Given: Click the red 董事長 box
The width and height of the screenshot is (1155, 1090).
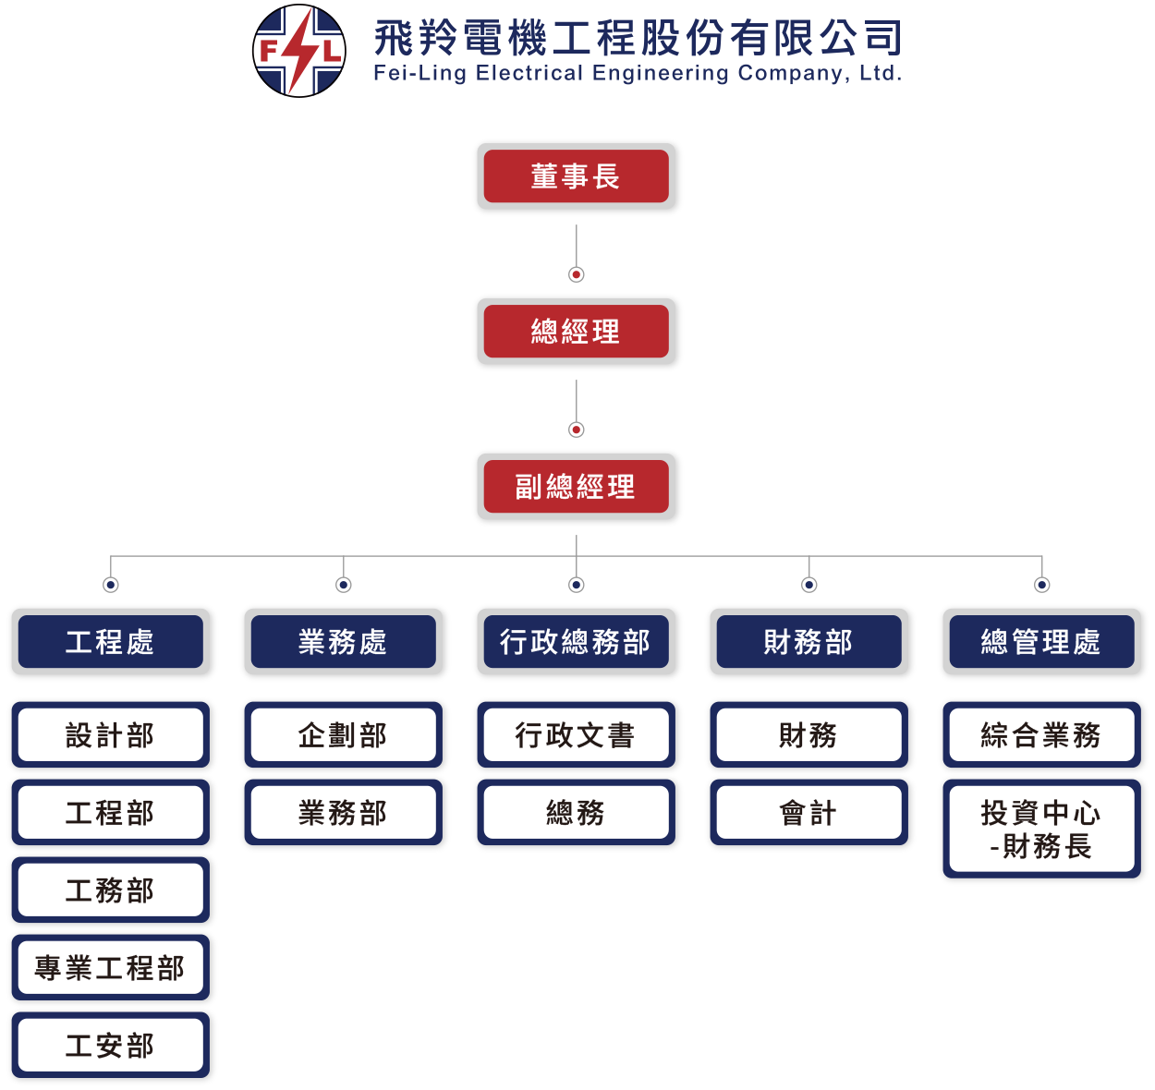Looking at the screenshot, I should tap(576, 176).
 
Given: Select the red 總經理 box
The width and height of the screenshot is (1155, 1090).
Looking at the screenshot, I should tap(576, 331).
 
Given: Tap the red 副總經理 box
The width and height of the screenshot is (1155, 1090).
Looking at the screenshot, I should tap(576, 486).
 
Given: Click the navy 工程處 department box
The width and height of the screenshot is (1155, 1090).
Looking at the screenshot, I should tap(110, 641).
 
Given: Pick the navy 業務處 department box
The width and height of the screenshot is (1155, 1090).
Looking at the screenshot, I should tap(343, 641).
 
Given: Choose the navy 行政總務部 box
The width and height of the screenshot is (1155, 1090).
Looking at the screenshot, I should tap(576, 641).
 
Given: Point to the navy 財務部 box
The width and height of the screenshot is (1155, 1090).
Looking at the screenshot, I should tap(808, 641).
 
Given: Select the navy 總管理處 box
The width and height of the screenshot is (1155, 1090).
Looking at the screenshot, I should tap(1041, 641).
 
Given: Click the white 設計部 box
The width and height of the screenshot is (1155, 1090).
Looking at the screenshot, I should tap(110, 735).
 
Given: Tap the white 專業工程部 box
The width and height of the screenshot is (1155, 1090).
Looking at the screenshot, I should tap(110, 968).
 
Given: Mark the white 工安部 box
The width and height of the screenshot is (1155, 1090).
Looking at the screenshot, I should tap(110, 1046).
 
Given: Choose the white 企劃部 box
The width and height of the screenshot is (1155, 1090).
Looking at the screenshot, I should tap(343, 735).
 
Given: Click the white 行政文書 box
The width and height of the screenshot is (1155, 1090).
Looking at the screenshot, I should tap(576, 735).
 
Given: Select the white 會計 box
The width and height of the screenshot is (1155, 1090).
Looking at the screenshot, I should tap(808, 813).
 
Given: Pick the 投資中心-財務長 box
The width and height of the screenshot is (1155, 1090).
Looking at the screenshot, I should tap(1041, 829).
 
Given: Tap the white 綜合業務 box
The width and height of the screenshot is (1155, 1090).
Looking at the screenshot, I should tap(1041, 735).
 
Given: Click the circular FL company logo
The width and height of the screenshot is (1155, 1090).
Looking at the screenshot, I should tap(298, 51).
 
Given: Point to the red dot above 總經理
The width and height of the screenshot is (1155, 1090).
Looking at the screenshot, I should tap(577, 274).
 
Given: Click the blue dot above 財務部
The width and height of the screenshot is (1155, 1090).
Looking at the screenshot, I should tap(809, 585).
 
